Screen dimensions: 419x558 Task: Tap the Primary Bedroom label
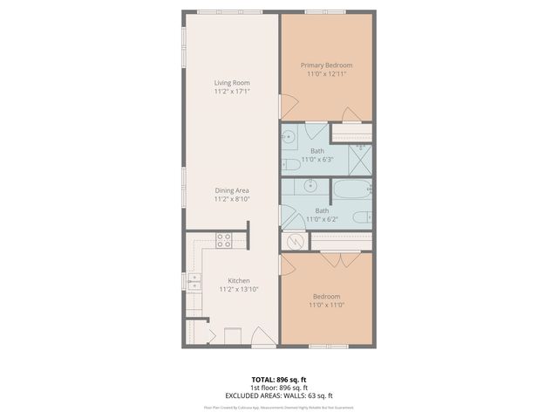pyautogui.click(x=326, y=65)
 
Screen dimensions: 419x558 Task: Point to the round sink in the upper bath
pyautogui.click(x=289, y=137)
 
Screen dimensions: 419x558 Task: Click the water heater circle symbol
pyautogui.click(x=293, y=242)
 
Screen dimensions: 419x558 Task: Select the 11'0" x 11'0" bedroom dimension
pyautogui.click(x=326, y=306)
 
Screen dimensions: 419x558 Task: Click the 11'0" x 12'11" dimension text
pyautogui.click(x=326, y=74)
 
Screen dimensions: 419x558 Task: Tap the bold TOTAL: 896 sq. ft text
pyautogui.click(x=278, y=379)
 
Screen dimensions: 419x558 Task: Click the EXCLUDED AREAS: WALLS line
pyautogui.click(x=278, y=395)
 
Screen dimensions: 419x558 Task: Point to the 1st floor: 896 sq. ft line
pyautogui.click(x=278, y=388)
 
